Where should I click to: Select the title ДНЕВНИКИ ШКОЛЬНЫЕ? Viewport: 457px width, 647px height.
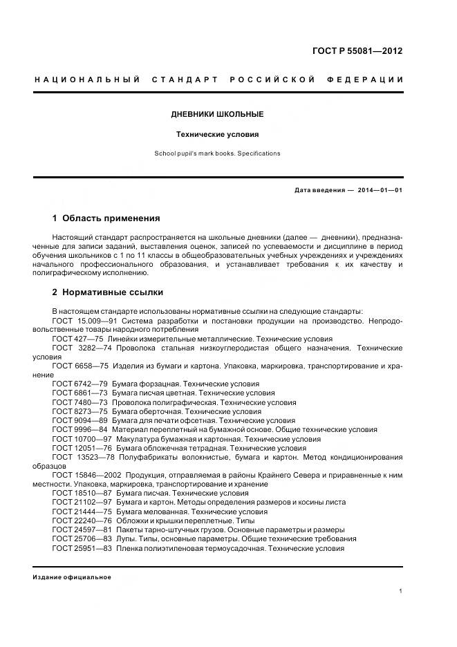217,114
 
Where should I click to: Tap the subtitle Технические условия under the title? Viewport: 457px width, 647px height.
217,135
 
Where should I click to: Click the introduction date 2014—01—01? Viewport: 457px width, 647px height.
380,189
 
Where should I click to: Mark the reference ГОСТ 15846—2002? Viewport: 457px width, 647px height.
86,475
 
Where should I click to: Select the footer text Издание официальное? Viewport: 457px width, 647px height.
71,576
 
